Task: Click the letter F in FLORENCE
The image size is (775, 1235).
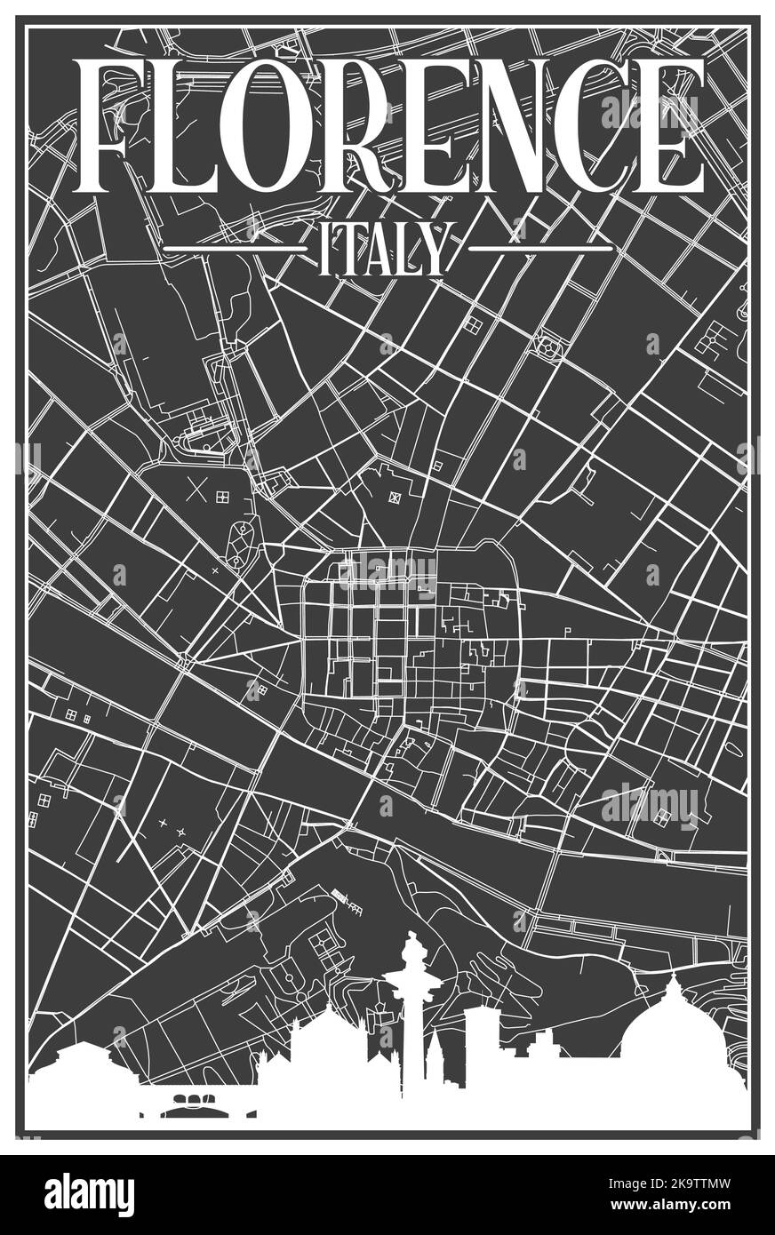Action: click(111, 127)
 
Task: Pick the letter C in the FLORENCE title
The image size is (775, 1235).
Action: click(587, 127)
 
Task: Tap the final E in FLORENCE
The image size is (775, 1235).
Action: click(667, 127)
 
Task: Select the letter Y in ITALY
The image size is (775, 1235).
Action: click(429, 250)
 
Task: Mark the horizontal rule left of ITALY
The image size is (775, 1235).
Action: click(236, 249)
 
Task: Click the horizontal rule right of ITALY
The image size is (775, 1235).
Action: click(540, 249)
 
